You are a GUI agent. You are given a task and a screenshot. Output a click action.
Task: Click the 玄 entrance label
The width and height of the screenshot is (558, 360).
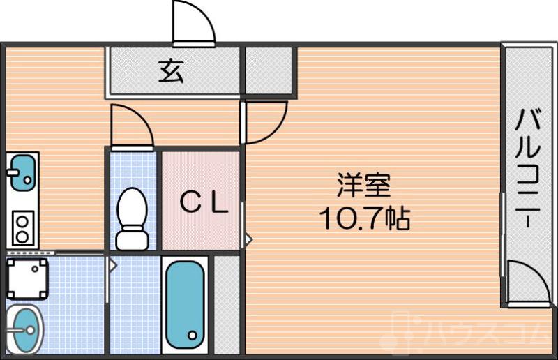point(171,71)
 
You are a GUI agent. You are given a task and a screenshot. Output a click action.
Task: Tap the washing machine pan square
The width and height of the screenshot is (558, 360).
point(27,278)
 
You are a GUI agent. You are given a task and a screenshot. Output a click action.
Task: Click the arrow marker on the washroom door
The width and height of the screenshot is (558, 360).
point(111,264)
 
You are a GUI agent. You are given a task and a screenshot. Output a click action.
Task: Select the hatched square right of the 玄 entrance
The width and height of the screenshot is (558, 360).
point(270,70)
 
